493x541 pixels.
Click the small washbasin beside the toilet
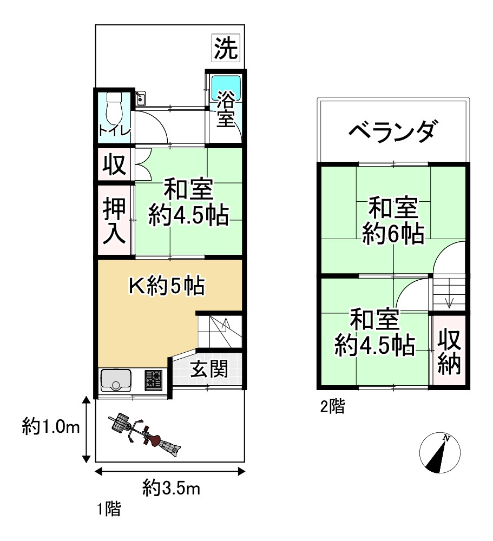tap(141, 98)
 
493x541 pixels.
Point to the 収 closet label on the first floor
tap(114, 165)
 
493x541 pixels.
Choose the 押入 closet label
tap(115, 220)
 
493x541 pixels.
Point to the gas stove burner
tap(154, 380)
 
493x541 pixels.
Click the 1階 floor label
tap(109, 509)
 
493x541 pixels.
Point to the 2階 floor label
tap(332, 406)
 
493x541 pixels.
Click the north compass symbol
tap(440, 453)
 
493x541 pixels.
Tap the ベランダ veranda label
tap(392, 131)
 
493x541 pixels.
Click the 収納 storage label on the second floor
tap(449, 351)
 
